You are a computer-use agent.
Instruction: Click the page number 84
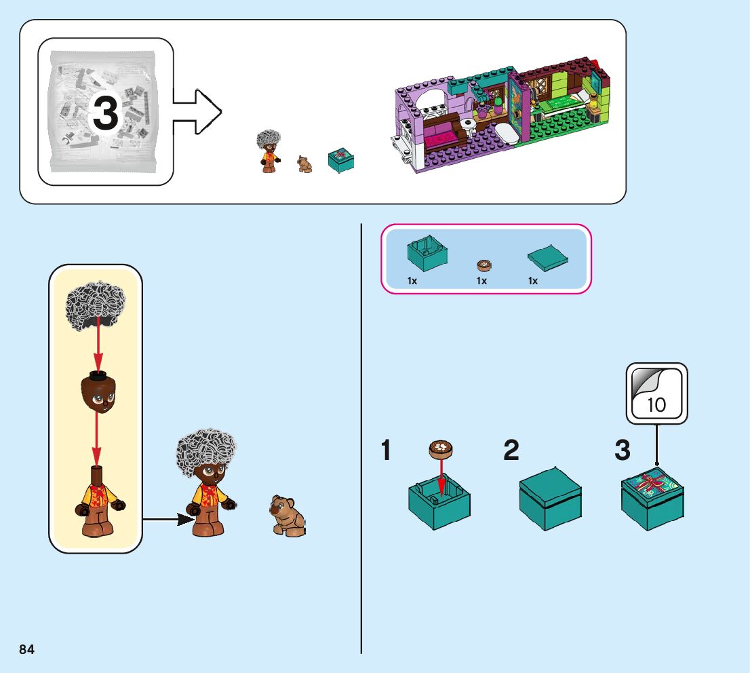coord(27,649)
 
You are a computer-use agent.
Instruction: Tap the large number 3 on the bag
coord(105,113)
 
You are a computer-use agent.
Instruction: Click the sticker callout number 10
coord(656,405)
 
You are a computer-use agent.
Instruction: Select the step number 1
coord(387,450)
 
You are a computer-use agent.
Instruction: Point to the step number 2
coord(511,450)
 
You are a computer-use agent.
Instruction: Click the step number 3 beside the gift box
coord(622,450)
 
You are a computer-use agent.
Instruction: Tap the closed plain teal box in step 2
coord(550,498)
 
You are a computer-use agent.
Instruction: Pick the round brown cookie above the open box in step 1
coord(441,448)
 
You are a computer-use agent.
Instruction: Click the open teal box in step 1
coord(439,503)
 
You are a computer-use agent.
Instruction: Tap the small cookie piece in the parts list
coord(483,265)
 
